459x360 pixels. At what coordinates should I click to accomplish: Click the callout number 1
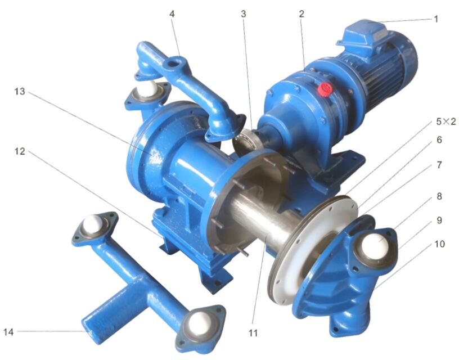436,19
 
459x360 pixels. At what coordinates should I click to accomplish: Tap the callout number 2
301,13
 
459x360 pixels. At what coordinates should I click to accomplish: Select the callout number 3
244,13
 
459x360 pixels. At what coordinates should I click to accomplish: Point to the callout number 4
172,13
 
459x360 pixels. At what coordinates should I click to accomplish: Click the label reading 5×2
446,121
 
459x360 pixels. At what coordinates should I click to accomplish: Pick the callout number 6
439,140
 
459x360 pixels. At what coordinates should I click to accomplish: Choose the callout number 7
439,165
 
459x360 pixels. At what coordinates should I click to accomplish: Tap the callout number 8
439,196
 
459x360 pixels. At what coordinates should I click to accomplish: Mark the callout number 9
439,220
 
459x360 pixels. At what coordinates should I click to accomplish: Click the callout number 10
439,244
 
